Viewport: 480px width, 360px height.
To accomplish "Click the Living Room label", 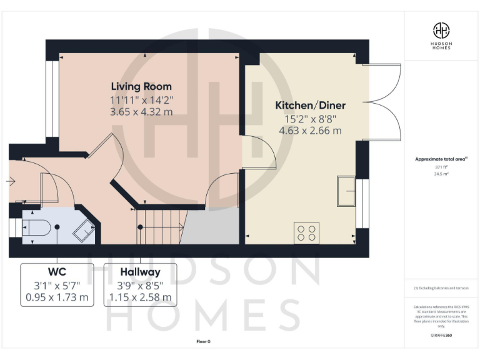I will click(141, 86).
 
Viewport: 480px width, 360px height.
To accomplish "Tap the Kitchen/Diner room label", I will click(311, 105).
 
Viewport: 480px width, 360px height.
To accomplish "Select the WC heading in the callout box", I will click(57, 272).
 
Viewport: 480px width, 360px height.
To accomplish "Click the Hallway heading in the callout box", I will click(140, 272).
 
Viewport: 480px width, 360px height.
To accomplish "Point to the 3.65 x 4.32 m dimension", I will click(141, 112).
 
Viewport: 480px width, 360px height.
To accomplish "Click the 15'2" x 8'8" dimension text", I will click(311, 118).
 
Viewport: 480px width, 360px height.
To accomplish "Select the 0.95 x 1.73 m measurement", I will click(57, 297).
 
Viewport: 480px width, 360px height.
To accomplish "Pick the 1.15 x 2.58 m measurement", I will click(140, 297).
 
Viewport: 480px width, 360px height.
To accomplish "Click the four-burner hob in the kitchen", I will click(306, 232).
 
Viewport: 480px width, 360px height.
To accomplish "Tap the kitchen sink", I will click(346, 191).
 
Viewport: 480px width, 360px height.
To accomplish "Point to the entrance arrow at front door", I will click(11, 181).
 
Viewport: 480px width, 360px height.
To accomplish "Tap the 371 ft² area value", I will click(442, 167).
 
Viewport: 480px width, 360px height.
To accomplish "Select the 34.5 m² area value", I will click(442, 174).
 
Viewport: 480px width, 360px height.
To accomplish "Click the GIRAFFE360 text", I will click(442, 336).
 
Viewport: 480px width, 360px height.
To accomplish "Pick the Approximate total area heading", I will click(442, 159).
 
